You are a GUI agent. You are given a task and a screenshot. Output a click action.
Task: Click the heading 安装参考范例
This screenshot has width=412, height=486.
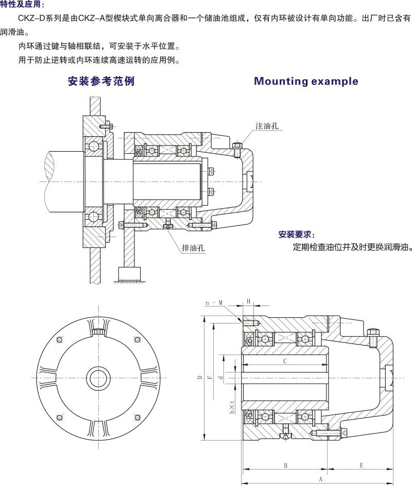pyautogui.click(x=101, y=81)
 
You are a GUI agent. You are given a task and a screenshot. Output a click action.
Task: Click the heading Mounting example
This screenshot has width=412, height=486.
pyautogui.click(x=306, y=81)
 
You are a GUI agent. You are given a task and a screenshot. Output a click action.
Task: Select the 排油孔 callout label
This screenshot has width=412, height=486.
pyautogui.click(x=193, y=248)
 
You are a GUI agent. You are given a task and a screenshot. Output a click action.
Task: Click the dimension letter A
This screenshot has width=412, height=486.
pyautogui.click(x=320, y=479)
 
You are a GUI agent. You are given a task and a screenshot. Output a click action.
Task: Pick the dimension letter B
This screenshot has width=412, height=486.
pyautogui.click(x=285, y=465)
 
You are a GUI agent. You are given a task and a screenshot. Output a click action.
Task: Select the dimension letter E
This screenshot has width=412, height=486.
pyautogui.click(x=361, y=465)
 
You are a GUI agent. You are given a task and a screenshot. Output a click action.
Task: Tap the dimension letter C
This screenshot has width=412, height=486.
pyautogui.click(x=285, y=361)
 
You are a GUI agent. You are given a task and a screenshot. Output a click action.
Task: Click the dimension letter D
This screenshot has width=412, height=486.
pyautogui.click(x=199, y=378)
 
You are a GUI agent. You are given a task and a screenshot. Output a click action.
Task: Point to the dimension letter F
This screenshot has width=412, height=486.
pyautogui.click(x=210, y=378)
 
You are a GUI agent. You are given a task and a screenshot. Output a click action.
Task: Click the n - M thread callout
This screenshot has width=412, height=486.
pyautogui.click(x=214, y=303)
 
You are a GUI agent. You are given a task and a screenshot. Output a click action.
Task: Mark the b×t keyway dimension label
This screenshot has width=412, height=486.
pyautogui.click(x=232, y=407)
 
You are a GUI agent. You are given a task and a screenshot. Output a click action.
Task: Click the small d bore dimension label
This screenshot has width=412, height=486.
pyautogui.click(x=220, y=378)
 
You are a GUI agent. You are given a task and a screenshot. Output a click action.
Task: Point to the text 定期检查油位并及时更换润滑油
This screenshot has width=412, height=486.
pyautogui.click(x=352, y=246)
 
